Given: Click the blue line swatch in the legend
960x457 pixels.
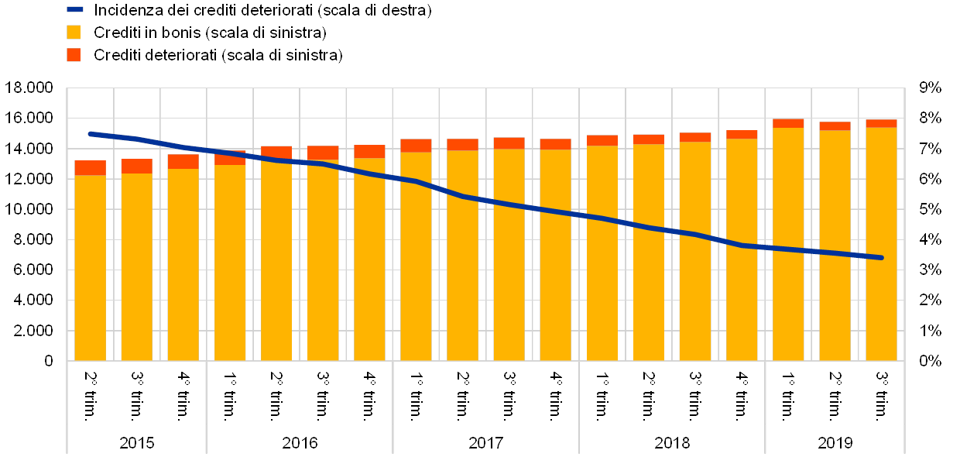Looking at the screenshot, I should tap(75, 10).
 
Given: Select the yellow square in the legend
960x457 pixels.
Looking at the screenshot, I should tap(74, 33).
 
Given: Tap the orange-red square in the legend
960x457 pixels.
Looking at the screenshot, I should tap(74, 55).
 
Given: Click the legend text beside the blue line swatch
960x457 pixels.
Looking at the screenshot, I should tap(262, 11).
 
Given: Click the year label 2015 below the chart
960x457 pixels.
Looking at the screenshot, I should tap(137, 443).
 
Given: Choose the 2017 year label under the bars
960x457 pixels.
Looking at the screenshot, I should tap(485, 443).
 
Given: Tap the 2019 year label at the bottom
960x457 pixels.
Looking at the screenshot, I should tap(835, 443).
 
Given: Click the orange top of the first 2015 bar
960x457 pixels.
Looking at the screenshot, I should tap(91, 168).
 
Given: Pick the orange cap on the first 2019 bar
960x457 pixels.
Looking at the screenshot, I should tap(788, 123).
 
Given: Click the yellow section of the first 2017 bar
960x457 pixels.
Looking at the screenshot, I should tap(416, 256).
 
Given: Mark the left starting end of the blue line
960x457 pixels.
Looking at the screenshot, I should tap(91, 134).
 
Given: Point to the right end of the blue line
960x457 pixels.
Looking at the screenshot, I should tap(881, 258).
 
